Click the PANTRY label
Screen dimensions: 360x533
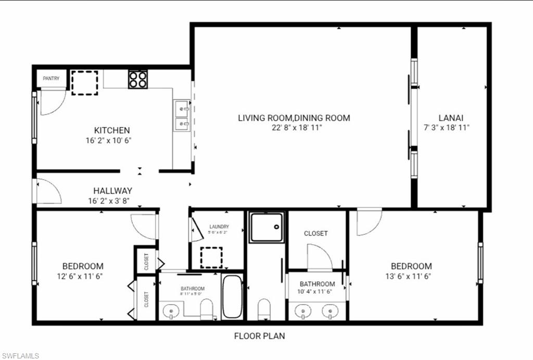(51, 79)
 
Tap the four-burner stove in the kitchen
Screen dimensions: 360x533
(138, 79)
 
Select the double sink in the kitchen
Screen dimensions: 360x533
(182, 117)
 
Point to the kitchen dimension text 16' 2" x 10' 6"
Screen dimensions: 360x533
(112, 140)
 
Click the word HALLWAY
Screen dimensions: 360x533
(112, 191)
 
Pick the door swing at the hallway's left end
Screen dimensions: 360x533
(48, 191)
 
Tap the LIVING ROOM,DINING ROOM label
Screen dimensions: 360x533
(294, 118)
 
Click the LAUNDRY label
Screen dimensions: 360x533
(219, 227)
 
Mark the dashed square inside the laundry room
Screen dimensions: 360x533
(212, 257)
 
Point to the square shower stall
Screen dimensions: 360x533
(266, 228)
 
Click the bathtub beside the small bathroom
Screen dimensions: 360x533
(232, 297)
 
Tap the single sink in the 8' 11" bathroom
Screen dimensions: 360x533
(171, 312)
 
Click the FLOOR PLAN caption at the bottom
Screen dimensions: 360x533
(259, 336)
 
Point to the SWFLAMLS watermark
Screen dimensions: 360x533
(20, 356)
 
